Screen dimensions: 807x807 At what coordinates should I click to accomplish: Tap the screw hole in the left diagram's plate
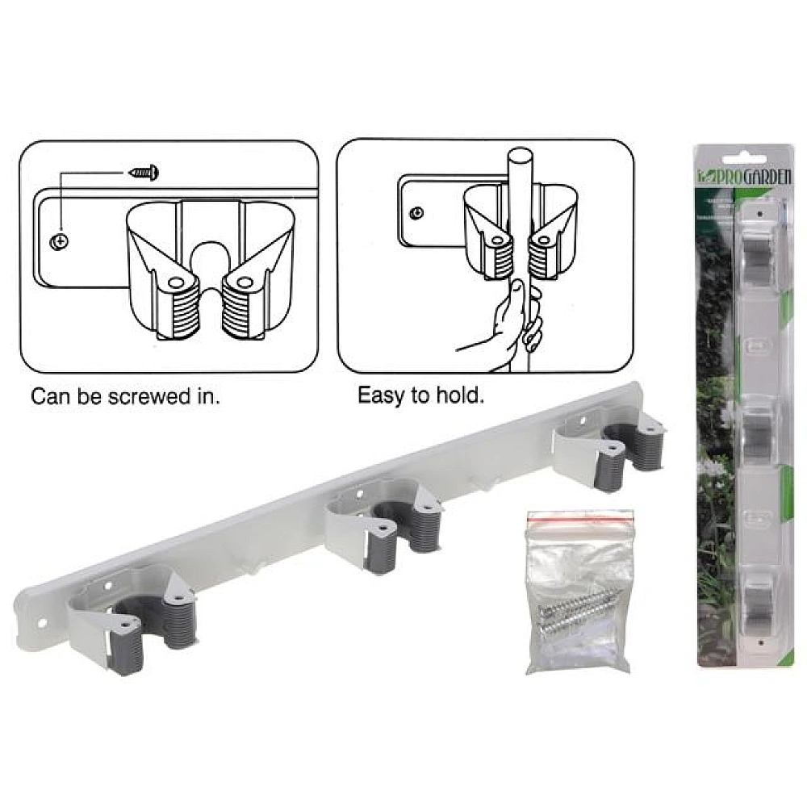click(59, 240)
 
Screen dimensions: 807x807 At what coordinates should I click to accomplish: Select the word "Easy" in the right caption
click(380, 396)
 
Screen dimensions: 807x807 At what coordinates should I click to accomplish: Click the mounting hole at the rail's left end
click(44, 622)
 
